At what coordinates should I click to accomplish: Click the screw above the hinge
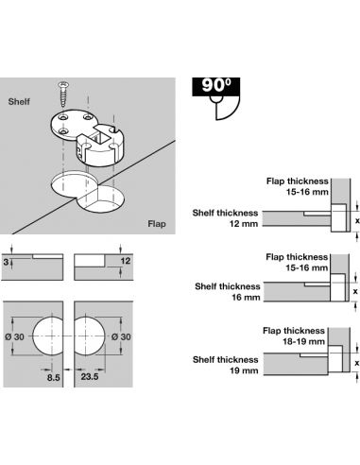pyautogui.click(x=63, y=95)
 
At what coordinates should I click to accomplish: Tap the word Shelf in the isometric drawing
pyautogui.click(x=19, y=101)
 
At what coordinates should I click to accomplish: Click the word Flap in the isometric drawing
pyautogui.click(x=157, y=224)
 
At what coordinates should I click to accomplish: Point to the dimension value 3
pyautogui.click(x=6, y=262)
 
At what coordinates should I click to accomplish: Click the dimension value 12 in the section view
pyautogui.click(x=126, y=261)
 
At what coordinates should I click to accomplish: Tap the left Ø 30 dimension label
pyautogui.click(x=14, y=336)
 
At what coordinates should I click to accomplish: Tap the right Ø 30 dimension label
pyautogui.click(x=121, y=336)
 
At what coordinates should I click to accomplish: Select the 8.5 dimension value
pyautogui.click(x=53, y=377)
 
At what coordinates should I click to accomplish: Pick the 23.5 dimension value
pyautogui.click(x=90, y=376)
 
